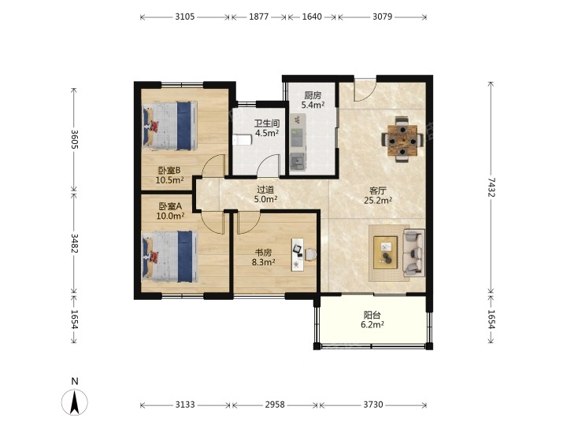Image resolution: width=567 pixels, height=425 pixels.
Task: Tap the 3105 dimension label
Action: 185,17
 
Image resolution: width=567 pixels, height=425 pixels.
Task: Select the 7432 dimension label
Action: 491,187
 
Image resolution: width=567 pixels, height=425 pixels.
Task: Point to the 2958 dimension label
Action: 275,405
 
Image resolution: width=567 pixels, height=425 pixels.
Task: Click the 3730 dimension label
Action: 373,405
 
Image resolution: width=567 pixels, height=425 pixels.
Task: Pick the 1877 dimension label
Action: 259,17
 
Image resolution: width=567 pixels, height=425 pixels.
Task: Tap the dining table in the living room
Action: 402,140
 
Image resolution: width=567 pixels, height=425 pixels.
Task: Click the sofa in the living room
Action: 413,253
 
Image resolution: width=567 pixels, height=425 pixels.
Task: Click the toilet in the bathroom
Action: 242,139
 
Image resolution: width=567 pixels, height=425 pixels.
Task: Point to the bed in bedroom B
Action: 170,126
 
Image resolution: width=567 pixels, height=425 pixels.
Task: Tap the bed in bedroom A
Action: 170,257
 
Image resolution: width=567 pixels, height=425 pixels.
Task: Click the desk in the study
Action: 298,254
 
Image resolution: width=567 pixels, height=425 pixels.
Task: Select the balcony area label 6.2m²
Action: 372,324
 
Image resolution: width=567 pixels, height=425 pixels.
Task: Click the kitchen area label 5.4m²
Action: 313,105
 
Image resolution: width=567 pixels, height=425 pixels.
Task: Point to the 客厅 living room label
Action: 378,190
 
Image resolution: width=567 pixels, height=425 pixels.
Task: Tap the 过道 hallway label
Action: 265,190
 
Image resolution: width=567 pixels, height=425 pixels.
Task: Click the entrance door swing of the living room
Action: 365,91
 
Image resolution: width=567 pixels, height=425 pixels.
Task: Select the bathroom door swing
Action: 269,165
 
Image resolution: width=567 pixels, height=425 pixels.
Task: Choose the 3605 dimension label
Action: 74,139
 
